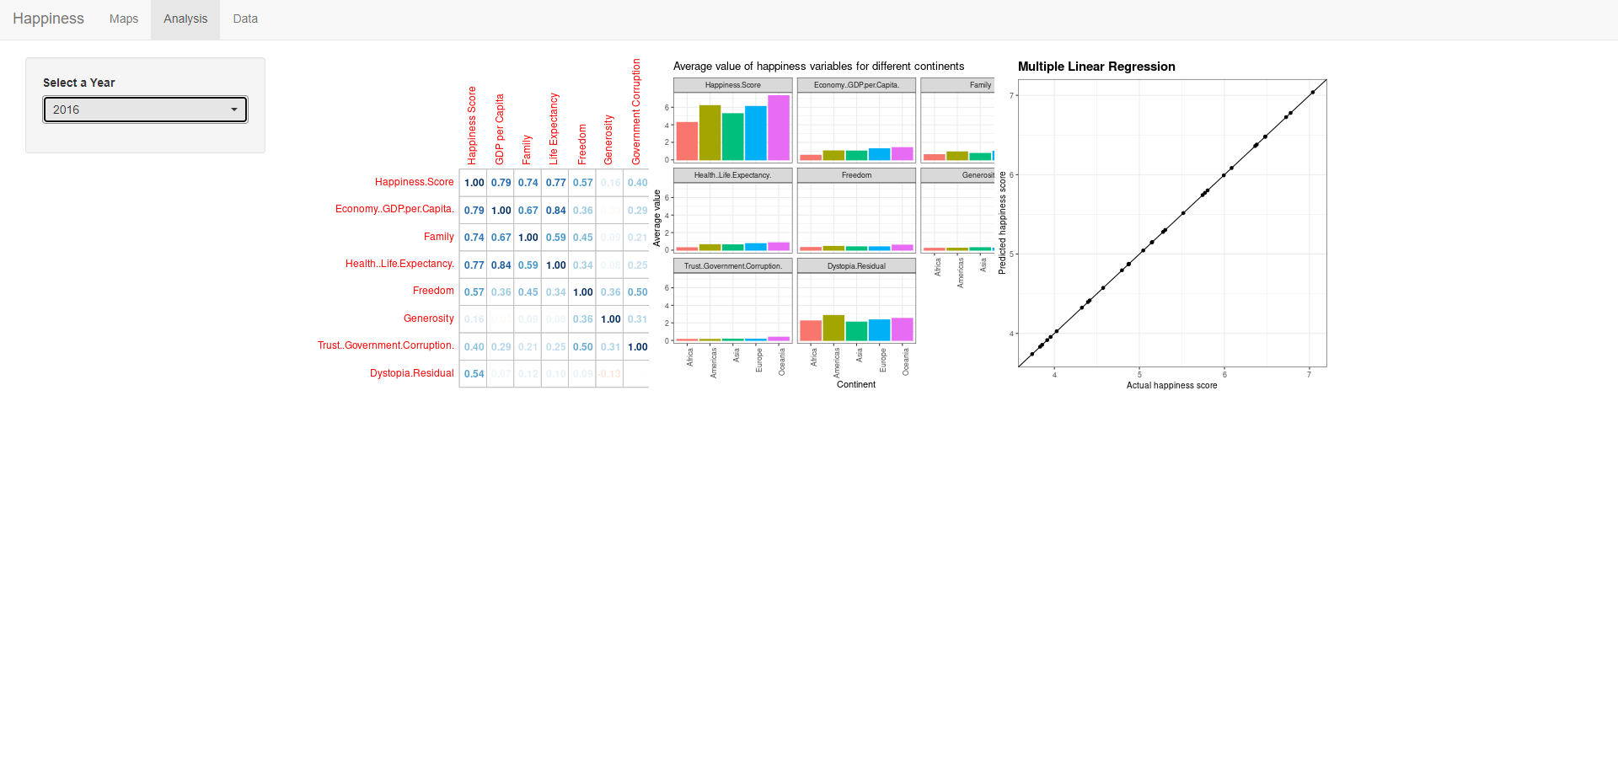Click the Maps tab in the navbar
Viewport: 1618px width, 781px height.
click(123, 19)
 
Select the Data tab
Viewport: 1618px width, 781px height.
click(245, 19)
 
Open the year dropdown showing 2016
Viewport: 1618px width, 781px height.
click(145, 110)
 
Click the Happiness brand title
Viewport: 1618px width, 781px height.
click(48, 19)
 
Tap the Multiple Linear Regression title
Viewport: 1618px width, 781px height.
click(1096, 67)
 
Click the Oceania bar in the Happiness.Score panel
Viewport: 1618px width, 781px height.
click(779, 128)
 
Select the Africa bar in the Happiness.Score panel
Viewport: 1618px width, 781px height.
click(687, 142)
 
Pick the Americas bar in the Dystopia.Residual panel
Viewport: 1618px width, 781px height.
click(833, 328)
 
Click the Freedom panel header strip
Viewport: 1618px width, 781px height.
click(856, 175)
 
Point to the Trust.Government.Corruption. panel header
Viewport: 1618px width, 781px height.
click(732, 266)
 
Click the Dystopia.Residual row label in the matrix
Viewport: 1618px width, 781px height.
click(411, 373)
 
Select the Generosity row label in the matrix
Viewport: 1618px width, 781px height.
click(428, 318)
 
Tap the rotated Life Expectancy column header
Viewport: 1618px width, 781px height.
click(554, 128)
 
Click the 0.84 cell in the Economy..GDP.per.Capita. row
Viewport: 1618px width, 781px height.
click(555, 211)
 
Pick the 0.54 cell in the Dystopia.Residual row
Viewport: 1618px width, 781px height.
click(474, 374)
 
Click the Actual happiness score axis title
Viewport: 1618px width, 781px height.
click(1171, 385)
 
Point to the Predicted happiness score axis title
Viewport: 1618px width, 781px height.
click(1002, 223)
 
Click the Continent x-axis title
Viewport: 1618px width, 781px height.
click(855, 384)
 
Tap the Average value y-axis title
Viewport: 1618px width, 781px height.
click(657, 218)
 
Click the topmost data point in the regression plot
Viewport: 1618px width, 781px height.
click(1313, 93)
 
